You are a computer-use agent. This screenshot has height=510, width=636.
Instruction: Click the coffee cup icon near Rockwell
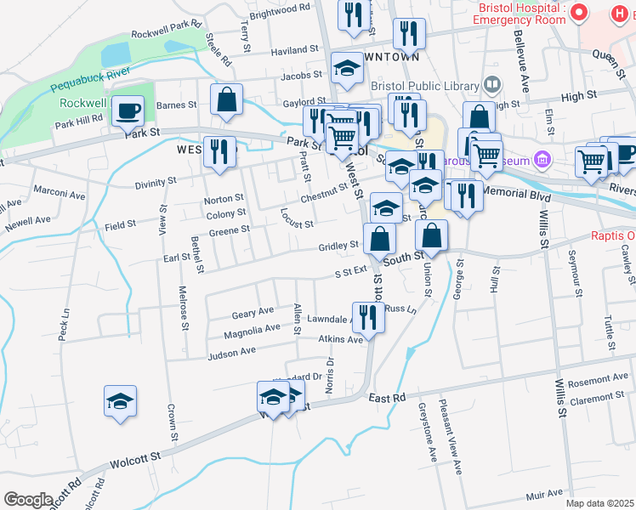pos(128,110)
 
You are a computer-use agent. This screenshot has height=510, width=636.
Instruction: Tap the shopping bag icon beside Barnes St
pos(227,99)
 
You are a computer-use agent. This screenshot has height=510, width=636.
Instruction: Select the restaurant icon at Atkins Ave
pos(368,318)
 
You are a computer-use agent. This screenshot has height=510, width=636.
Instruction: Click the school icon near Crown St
pos(121,401)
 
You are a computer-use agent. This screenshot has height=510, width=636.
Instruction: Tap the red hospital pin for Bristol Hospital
pos(580,13)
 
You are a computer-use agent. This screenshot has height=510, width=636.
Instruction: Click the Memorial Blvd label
pos(517,194)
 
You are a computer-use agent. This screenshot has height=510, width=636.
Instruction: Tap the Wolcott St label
pos(135,459)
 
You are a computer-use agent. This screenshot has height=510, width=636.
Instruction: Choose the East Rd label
pos(388,397)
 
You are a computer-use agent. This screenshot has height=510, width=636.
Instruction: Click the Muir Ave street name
pos(545,494)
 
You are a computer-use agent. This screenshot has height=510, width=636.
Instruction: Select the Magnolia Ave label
pos(250,329)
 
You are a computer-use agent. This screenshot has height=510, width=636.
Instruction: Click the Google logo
pos(29,499)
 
